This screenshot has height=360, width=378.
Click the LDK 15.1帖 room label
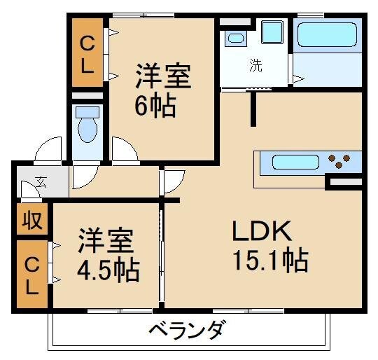pos(269,246)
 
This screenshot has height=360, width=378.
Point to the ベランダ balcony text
pos(188,329)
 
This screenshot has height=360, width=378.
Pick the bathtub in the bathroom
pos(326,34)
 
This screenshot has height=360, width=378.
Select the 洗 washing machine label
pos(256,67)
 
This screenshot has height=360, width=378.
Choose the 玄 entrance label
pos(41,182)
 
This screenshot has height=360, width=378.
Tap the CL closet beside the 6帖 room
pos(87,52)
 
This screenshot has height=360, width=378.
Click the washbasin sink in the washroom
pos(236,38)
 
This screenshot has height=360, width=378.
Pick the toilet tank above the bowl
pos(88,111)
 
